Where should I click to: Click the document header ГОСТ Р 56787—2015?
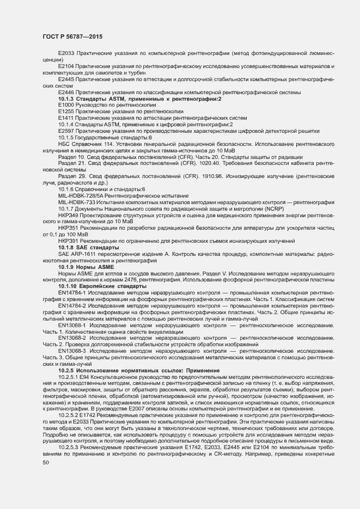(72, 36)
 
